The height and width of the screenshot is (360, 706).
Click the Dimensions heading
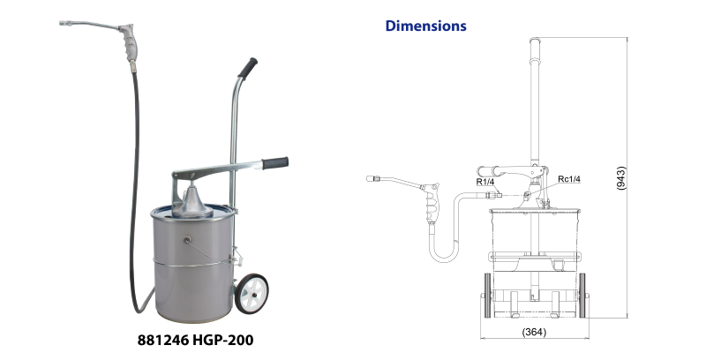click(x=425, y=26)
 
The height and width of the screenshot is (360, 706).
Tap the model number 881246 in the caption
click(x=163, y=340)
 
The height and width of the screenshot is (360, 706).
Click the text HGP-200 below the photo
click(x=223, y=340)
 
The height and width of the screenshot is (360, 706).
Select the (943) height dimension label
click(x=621, y=178)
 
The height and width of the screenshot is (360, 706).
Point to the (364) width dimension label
click(x=534, y=332)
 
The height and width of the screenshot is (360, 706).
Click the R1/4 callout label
click(x=485, y=182)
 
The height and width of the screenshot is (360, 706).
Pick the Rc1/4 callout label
click(x=569, y=179)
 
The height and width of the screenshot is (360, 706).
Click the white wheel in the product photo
click(x=252, y=294)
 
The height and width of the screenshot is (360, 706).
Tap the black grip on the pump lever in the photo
click(x=275, y=162)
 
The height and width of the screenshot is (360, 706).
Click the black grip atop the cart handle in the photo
click(x=248, y=68)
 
